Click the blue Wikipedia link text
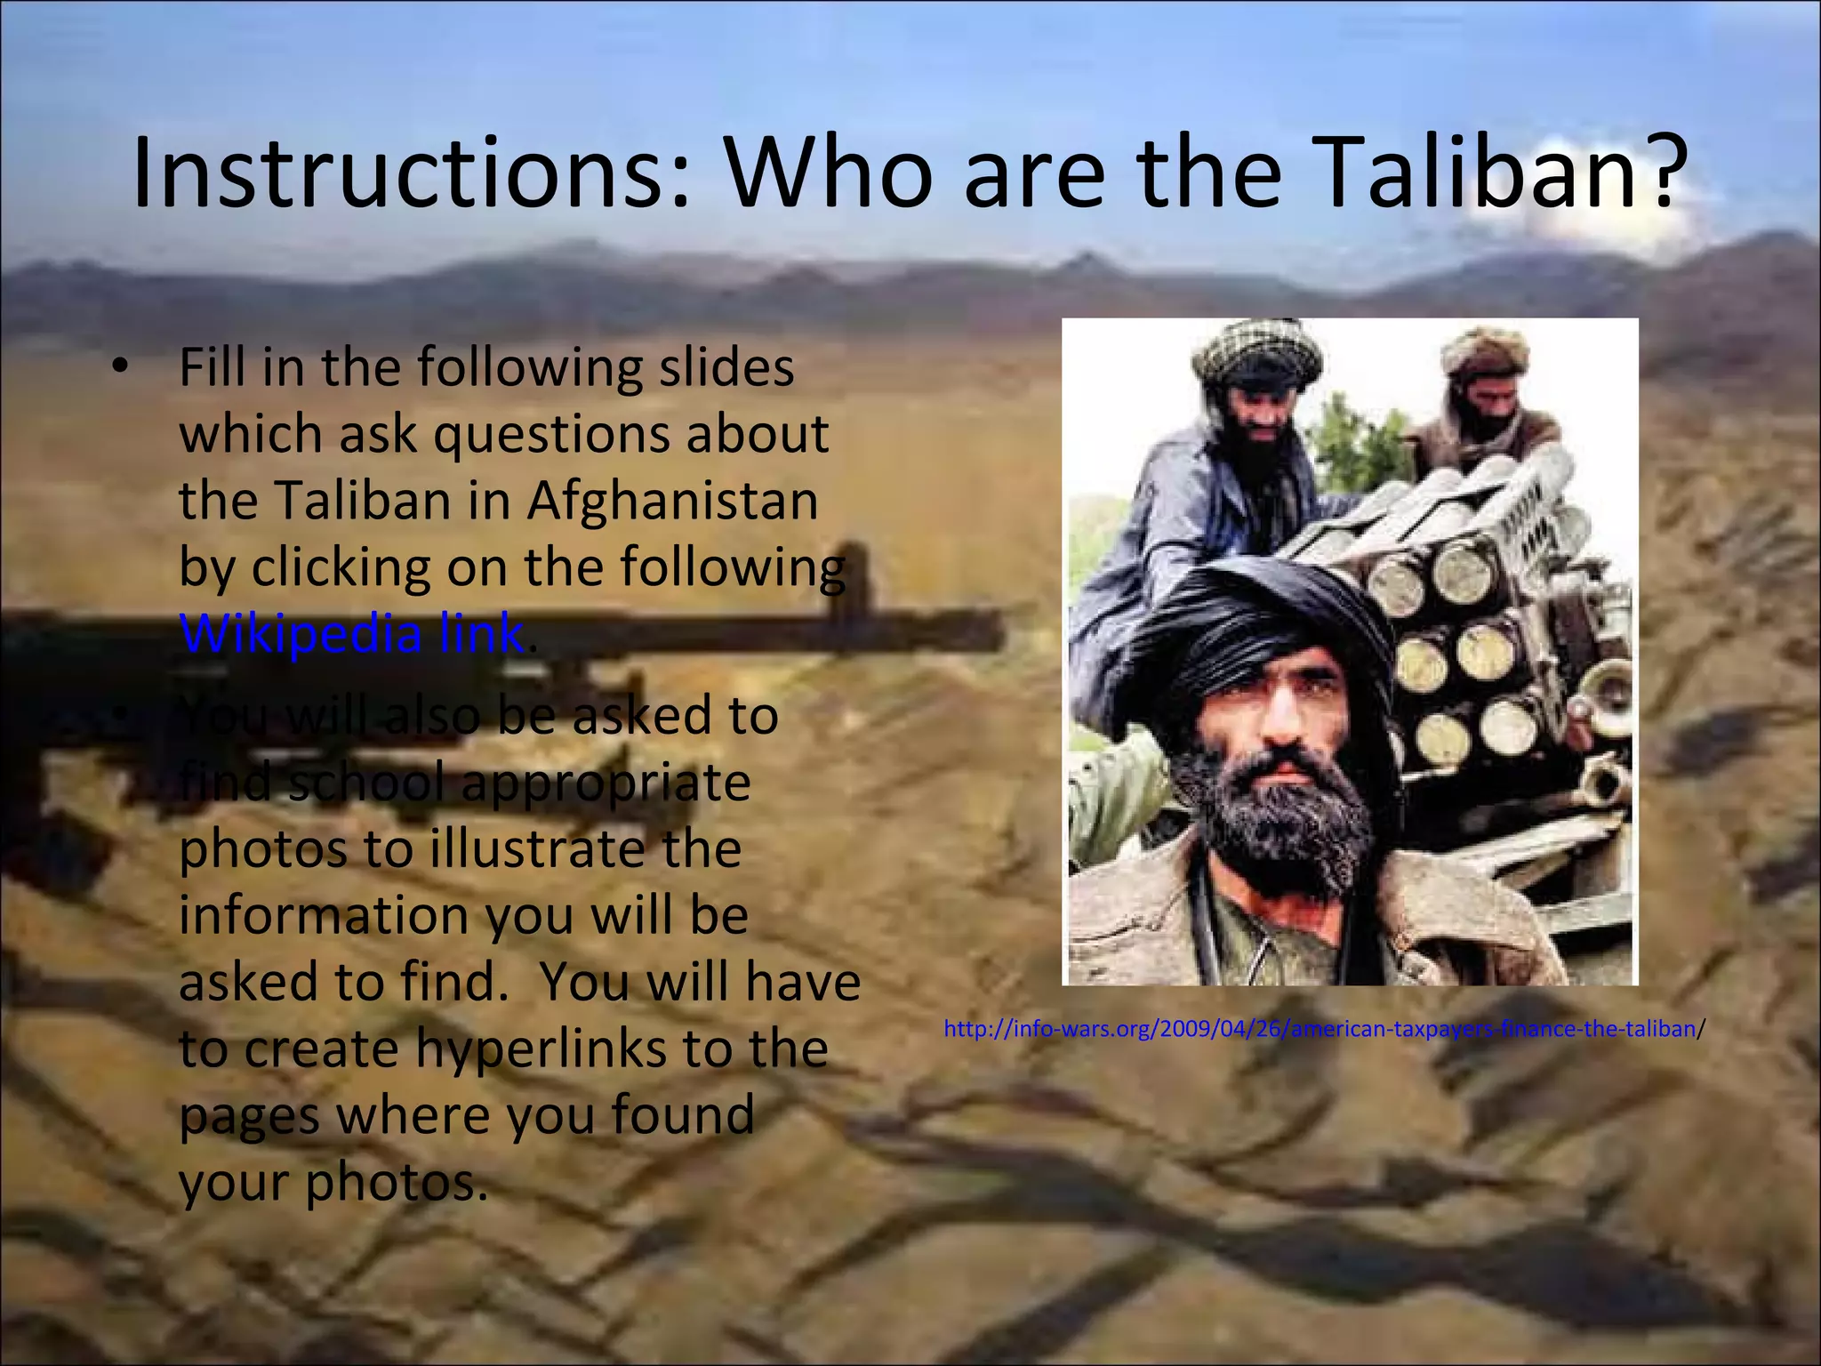352,633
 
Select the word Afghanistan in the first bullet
672,500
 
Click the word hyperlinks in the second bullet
541,1048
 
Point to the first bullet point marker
122,367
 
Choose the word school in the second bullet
366,782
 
